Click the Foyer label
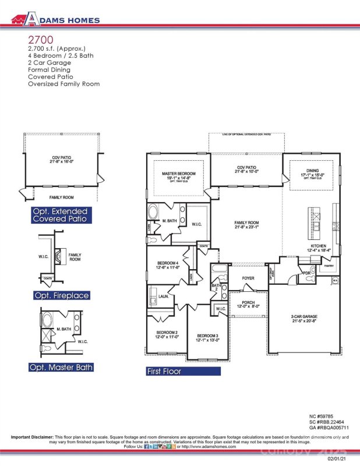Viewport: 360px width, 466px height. pyautogui.click(x=248, y=278)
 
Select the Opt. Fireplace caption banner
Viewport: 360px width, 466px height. pyautogui.click(x=61, y=296)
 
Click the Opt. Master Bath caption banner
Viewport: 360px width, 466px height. pyautogui.click(x=61, y=368)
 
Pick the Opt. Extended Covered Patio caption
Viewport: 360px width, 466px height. pyautogui.click(x=61, y=215)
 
